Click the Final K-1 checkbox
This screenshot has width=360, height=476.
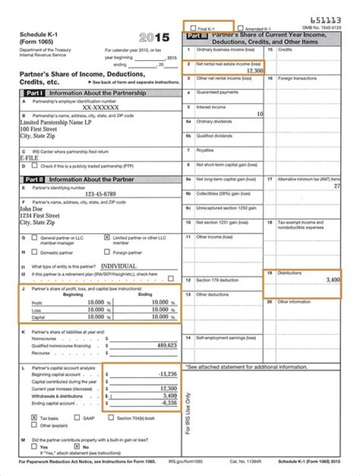click(193, 29)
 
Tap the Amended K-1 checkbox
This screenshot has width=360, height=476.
click(241, 29)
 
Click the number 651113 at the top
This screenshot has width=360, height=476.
click(325, 20)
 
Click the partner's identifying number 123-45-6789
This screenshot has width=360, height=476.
click(100, 194)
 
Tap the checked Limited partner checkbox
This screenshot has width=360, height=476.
click(106, 238)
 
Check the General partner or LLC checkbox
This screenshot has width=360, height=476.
click(34, 238)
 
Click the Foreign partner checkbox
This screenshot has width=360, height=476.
click(106, 252)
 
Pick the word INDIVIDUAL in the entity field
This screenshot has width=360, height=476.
click(119, 266)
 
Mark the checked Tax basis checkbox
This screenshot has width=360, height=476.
click(34, 417)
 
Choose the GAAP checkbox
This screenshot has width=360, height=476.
click(77, 417)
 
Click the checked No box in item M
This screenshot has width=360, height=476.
click(77, 446)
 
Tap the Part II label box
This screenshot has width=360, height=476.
click(34, 179)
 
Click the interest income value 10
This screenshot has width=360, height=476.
click(259, 114)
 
